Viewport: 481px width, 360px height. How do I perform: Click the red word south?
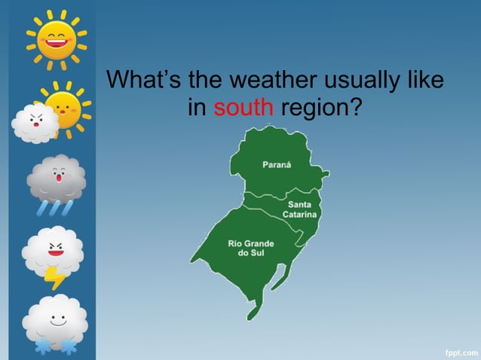pos(243,108)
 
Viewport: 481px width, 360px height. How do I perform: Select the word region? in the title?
pos(320,108)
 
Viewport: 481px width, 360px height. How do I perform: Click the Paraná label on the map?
pos(277,165)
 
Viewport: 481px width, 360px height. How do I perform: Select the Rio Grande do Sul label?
pos(250,248)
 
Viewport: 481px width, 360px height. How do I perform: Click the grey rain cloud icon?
pos(56,177)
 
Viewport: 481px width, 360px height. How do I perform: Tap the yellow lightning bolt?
pos(54,277)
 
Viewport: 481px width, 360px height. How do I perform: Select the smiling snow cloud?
pos(54,317)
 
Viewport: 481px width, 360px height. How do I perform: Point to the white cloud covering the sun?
pos(35,124)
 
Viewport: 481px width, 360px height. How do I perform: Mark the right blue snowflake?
pos(69,346)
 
